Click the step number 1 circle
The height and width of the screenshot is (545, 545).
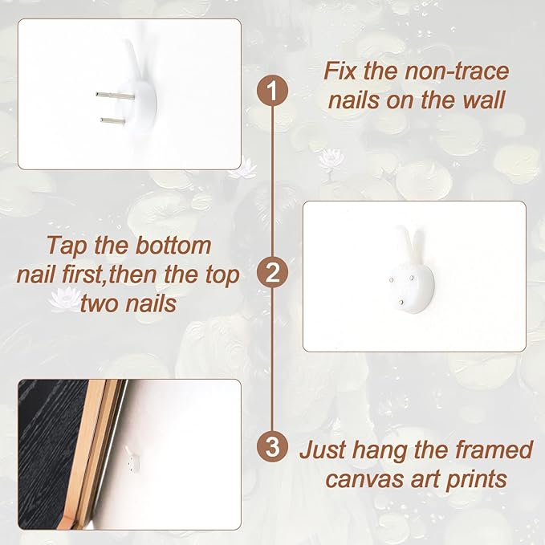pos(273,91)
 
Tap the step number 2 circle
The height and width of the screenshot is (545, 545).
pos(273,273)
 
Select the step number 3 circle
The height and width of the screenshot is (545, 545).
pos(273,446)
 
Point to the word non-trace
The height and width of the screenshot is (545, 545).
pos(457,71)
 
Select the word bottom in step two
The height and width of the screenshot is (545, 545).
pos(173,246)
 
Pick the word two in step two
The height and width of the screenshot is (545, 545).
pos(100,303)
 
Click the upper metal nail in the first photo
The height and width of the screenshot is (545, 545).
pos(115,96)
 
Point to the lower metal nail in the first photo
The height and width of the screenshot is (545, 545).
pos(113,121)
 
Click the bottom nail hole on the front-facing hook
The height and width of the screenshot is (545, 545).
pos(402,302)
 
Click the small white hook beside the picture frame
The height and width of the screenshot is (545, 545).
pos(132,459)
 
